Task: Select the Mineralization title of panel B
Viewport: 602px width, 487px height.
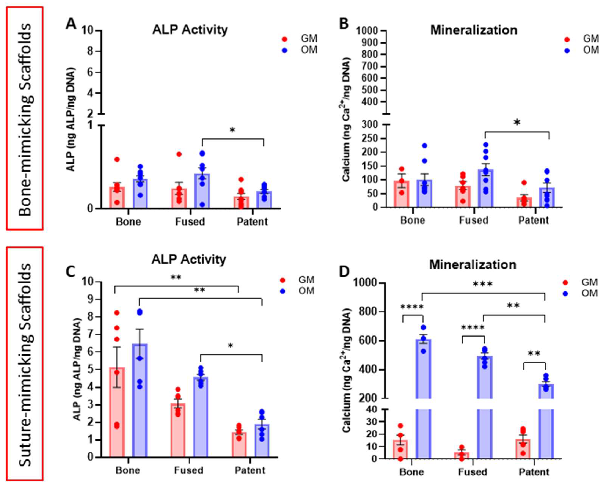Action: point(474,30)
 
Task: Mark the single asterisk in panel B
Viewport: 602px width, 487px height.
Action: point(517,123)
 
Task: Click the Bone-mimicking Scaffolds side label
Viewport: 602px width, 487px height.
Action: point(25,119)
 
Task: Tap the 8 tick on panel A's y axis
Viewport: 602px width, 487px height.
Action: point(91,51)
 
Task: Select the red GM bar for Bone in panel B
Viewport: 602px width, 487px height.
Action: point(402,194)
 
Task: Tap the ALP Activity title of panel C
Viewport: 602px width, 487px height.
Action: point(189,260)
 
